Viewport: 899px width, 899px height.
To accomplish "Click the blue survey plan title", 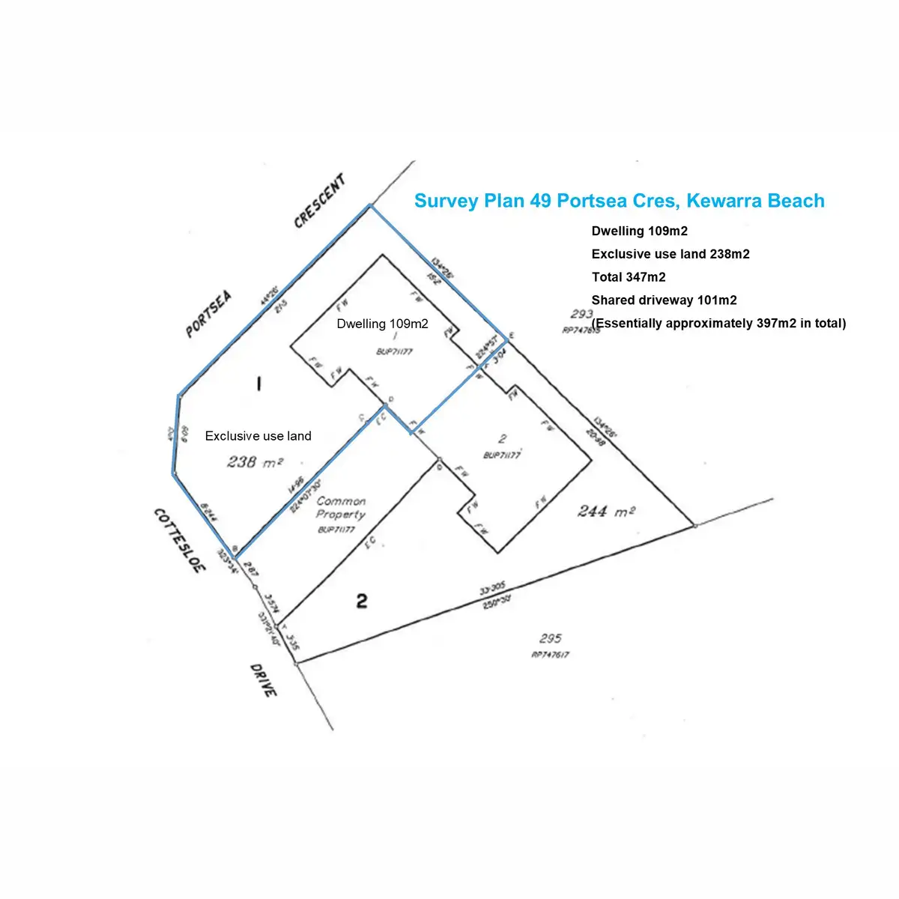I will (619, 201).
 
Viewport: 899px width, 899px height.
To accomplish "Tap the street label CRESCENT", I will (321, 201).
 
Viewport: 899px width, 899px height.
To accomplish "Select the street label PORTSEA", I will (209, 314).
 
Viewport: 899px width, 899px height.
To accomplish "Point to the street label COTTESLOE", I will (179, 540).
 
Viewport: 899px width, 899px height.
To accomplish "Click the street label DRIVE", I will (264, 680).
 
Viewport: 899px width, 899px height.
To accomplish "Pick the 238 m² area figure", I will (255, 462).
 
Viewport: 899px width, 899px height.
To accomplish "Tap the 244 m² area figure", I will (606, 512).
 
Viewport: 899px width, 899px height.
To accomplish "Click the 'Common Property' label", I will (341, 508).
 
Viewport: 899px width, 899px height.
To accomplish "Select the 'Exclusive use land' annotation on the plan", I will (258, 436).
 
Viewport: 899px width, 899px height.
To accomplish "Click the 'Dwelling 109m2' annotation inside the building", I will (382, 324).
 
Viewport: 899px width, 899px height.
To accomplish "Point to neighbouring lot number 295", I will (551, 638).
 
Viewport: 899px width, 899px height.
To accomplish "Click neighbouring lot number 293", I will (581, 315).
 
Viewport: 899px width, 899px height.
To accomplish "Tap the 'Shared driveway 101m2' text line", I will (664, 300).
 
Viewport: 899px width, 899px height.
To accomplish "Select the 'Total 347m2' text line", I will (628, 277).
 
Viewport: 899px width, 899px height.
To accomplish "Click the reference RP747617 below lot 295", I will (551, 654).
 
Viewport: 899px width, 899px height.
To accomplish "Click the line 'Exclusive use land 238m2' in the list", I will (670, 254).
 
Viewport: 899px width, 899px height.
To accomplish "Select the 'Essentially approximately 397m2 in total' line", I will (718, 324).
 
